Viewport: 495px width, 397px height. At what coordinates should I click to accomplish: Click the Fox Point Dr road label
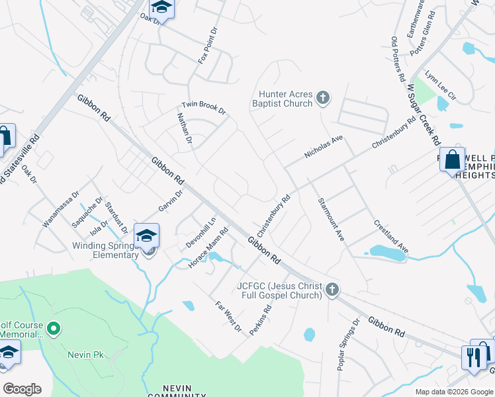pos(207,46)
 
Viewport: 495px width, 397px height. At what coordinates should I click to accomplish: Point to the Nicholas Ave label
pos(324,148)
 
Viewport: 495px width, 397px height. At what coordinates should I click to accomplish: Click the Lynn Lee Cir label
pos(441,85)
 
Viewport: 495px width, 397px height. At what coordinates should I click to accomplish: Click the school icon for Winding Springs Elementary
pos(146,235)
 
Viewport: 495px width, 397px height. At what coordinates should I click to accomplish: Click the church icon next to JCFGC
pos(332,289)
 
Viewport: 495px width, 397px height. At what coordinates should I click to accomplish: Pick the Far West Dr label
pos(229,317)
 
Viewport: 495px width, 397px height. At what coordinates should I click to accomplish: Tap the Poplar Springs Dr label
pos(348,343)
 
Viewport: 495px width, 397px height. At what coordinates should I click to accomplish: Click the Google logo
pos(22,389)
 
